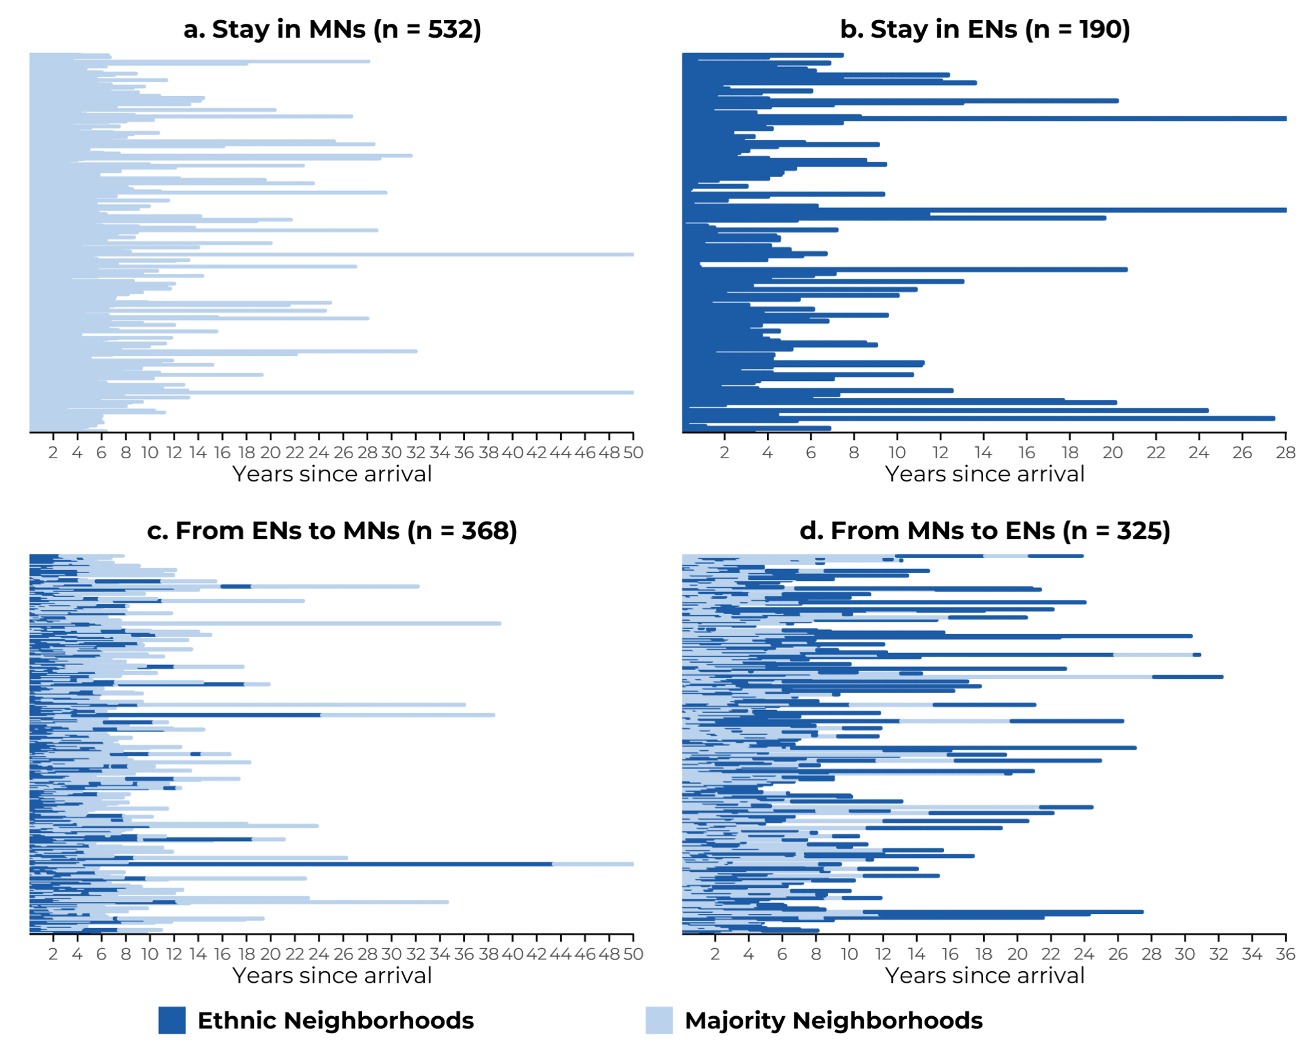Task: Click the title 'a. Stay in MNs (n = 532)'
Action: [x=332, y=29]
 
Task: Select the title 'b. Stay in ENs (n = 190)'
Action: [x=984, y=29]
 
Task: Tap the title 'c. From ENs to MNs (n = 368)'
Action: [x=332, y=531]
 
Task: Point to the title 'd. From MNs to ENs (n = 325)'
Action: [x=984, y=531]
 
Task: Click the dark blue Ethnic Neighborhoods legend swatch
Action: [x=172, y=1020]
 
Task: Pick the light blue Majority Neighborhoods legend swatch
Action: [x=659, y=1020]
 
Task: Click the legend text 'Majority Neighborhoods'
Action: [x=833, y=1020]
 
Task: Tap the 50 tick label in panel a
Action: [x=633, y=453]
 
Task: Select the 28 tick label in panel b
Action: [x=1285, y=453]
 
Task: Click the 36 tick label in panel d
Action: [x=1285, y=954]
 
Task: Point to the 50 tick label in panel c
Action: [x=633, y=954]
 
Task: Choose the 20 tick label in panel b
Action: [x=1112, y=453]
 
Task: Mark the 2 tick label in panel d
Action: [x=715, y=954]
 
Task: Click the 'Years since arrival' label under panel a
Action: [x=332, y=474]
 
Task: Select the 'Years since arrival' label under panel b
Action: [x=984, y=474]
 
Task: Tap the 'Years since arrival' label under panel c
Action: [x=332, y=975]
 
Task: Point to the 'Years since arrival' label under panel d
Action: [x=984, y=975]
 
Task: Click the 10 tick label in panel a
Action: [x=150, y=453]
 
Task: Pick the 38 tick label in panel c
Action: [x=488, y=954]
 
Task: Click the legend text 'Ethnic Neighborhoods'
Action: [x=335, y=1020]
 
